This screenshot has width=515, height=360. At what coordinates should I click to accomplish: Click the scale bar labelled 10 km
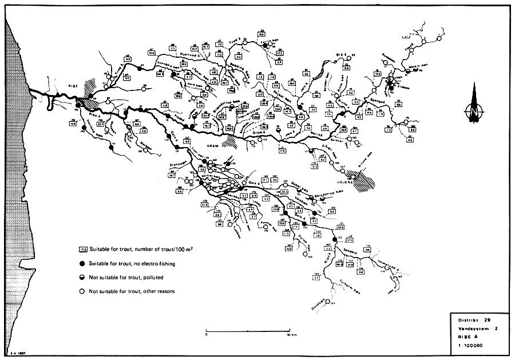[249, 332]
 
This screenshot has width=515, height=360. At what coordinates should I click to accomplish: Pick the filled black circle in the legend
[83, 264]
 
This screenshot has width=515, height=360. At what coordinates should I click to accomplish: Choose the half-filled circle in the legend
[83, 278]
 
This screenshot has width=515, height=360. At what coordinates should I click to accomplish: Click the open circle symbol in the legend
[83, 291]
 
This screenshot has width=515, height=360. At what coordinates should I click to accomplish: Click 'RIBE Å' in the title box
[465, 337]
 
